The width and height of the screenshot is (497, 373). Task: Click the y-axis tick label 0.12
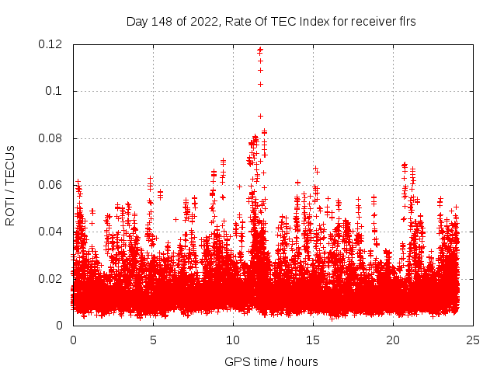click(52, 44)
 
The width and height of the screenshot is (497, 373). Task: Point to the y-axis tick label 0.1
click(56, 91)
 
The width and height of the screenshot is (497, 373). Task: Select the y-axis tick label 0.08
click(52, 138)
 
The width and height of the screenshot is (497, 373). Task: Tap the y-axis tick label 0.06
click(52, 185)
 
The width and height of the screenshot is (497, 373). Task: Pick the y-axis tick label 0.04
click(52, 232)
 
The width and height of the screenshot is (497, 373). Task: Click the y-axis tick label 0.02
click(52, 278)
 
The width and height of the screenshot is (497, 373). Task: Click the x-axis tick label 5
click(153, 340)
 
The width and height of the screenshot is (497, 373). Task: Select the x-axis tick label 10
click(233, 340)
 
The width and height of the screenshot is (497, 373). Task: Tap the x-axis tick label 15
click(313, 340)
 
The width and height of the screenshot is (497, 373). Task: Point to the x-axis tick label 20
click(393, 340)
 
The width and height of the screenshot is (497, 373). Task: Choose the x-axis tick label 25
click(473, 340)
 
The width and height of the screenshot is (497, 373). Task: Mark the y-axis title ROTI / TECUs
click(11, 185)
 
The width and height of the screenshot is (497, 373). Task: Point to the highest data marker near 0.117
click(260, 50)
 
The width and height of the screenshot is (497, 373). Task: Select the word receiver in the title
click(367, 21)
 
